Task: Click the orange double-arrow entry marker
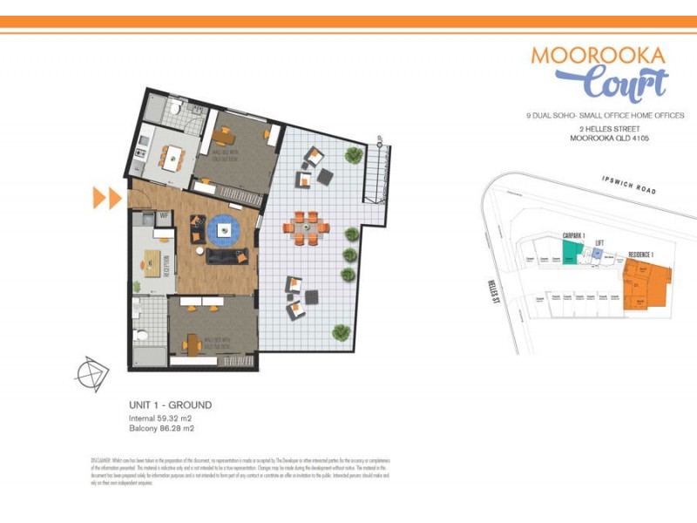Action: (x=106, y=199)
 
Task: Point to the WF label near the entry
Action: (x=163, y=214)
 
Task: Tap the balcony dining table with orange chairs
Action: (x=306, y=228)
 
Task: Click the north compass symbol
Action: (x=91, y=373)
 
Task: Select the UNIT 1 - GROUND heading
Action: (x=170, y=405)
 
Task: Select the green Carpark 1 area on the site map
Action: (x=571, y=254)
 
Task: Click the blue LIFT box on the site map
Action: (x=599, y=254)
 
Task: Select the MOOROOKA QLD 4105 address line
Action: (x=609, y=139)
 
